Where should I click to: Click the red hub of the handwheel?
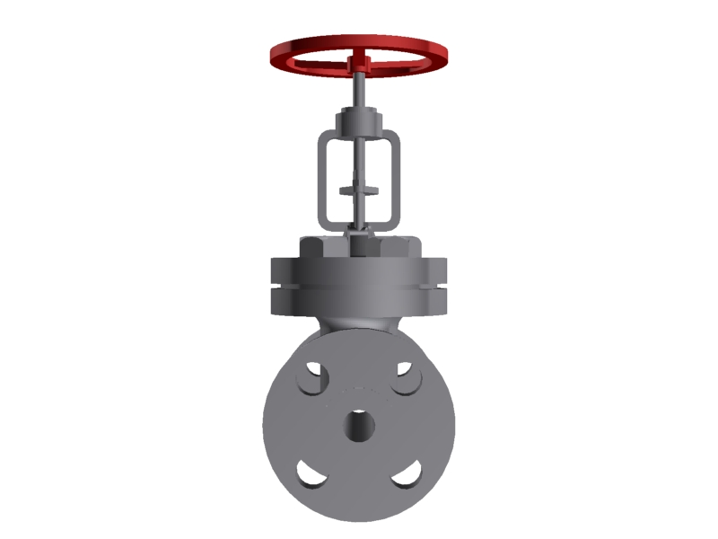click(x=360, y=62)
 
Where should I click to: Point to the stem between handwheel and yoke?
click(x=358, y=90)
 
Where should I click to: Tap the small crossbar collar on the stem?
click(x=359, y=190)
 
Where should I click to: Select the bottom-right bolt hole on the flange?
click(x=407, y=473)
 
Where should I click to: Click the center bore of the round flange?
click(x=359, y=424)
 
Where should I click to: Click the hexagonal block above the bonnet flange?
click(x=359, y=246)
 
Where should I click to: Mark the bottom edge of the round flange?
click(x=359, y=518)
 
